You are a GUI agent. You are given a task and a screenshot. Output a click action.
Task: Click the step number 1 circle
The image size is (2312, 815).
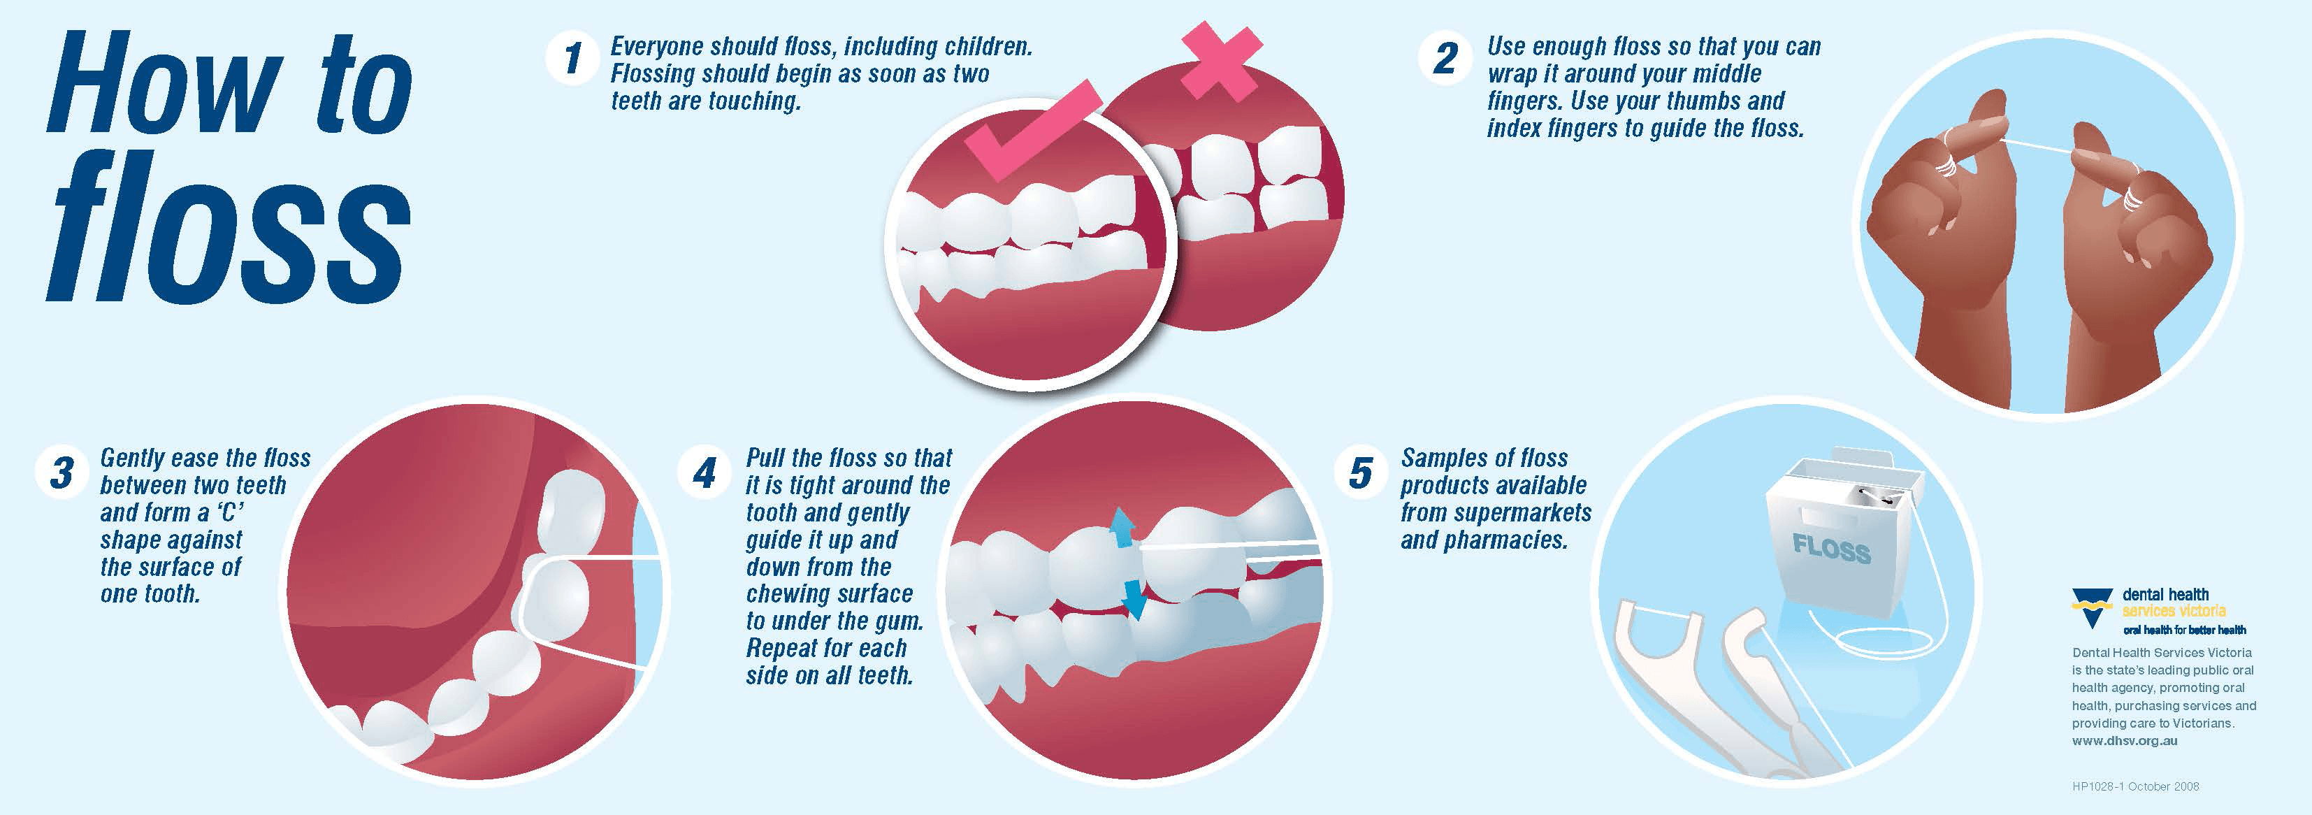(572, 59)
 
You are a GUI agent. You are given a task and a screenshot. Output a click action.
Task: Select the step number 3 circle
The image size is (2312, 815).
(61, 472)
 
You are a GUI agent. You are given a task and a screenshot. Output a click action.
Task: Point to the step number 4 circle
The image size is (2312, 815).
(705, 472)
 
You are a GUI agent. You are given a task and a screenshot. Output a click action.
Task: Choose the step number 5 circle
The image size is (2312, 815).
(1361, 472)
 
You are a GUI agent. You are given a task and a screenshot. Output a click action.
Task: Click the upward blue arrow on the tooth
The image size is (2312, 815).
(1121, 528)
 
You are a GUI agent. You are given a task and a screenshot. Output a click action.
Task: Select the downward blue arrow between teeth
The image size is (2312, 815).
(1134, 600)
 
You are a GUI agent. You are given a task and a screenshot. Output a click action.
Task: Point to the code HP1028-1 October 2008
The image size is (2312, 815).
(2135, 786)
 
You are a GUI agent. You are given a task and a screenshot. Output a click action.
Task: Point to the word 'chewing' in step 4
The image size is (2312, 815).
(790, 595)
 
